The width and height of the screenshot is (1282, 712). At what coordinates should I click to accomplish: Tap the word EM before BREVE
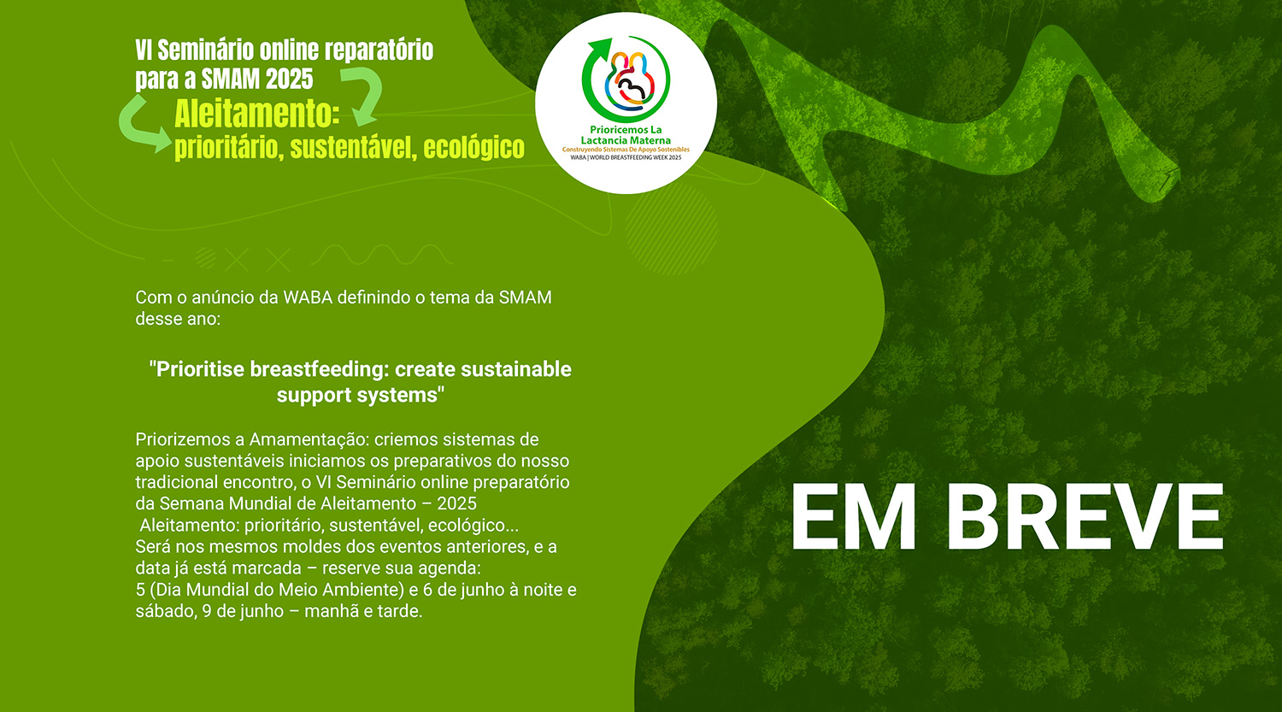pyautogui.click(x=853, y=517)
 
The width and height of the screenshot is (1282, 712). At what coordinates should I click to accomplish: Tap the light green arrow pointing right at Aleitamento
pyautogui.click(x=143, y=126)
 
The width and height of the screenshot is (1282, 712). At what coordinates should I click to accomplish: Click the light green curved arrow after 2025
pyautogui.click(x=362, y=94)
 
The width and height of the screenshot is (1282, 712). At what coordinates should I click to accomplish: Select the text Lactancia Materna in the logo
pyautogui.click(x=626, y=140)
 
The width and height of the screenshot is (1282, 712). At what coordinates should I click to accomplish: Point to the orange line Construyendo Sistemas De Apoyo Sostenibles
pyautogui.click(x=626, y=150)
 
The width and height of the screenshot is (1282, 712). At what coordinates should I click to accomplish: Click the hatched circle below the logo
pyautogui.click(x=671, y=229)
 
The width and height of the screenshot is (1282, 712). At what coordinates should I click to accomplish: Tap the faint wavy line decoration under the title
pyautogui.click(x=382, y=255)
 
